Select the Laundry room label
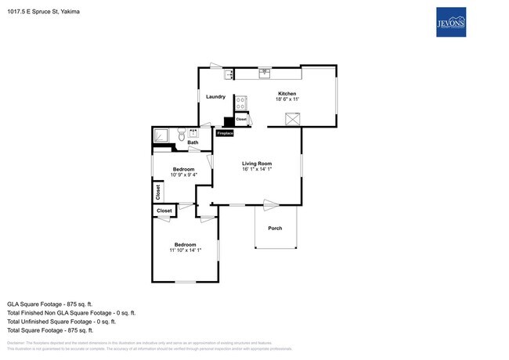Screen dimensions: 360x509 coord(215,97)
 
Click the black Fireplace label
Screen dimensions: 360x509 coord(225,134)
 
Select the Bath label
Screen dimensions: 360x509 coord(192,142)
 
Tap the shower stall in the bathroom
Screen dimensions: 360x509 coord(162,135)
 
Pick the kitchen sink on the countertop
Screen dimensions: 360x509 coord(265,74)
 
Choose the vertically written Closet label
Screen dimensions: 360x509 coord(157,190)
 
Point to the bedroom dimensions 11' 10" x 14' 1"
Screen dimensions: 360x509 coord(185,250)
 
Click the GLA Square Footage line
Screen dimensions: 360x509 coord(50,303)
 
